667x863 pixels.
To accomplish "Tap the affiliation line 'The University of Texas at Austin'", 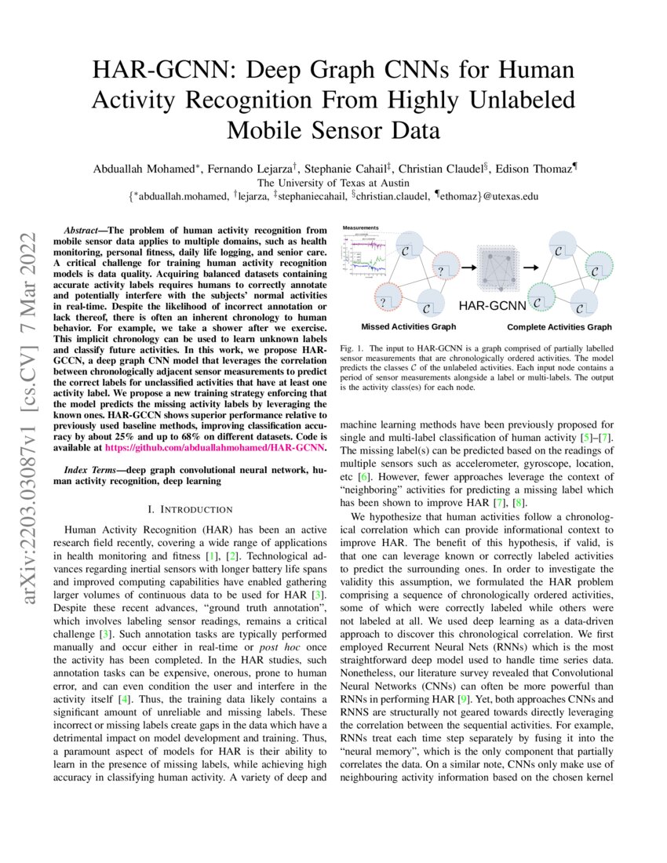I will pos(334,181).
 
